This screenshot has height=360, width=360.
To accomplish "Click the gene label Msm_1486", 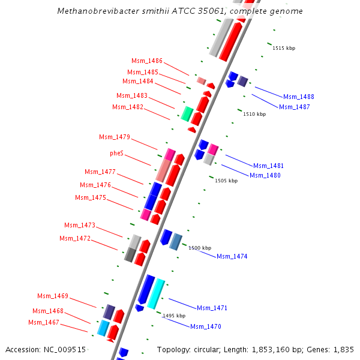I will (x=147, y=61).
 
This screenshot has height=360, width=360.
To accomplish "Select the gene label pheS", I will (x=116, y=154).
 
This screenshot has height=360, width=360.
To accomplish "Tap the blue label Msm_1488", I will (x=299, y=97).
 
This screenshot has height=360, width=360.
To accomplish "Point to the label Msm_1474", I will (x=232, y=256).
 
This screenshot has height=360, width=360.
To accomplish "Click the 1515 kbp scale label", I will (x=284, y=48).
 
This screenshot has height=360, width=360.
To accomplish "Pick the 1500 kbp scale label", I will (x=200, y=248).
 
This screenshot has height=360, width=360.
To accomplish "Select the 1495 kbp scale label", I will (x=174, y=316).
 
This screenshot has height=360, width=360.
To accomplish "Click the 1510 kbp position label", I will (x=254, y=114).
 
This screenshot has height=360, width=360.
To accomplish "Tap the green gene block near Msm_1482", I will (x=187, y=113).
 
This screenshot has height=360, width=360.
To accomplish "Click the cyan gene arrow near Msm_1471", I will (x=155, y=293).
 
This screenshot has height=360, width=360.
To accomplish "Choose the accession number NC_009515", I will (x=63, y=349).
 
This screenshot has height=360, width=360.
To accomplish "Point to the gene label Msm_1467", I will (x=43, y=322).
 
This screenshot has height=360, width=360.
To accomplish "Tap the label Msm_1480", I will (x=265, y=175).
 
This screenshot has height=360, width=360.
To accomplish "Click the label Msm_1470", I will (x=206, y=326).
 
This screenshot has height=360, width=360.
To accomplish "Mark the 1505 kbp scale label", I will (x=226, y=181).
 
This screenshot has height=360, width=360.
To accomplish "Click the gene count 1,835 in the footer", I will (x=344, y=349).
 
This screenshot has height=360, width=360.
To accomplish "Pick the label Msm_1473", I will (x=80, y=225).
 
